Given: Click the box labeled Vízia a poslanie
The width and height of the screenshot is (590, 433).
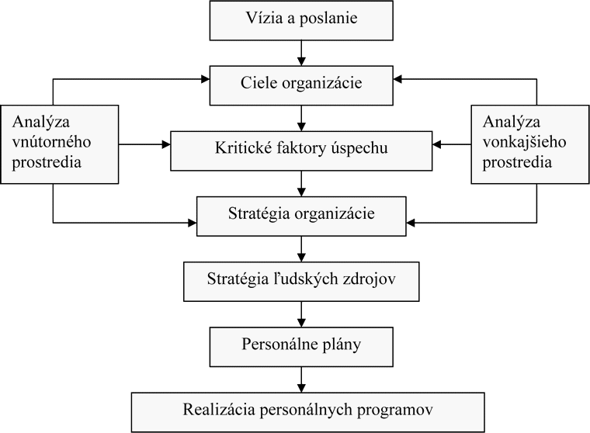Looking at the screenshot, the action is point(301,21).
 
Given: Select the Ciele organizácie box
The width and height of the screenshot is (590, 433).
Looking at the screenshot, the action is point(301,85).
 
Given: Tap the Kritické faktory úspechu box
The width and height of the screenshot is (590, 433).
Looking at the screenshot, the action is point(301,151).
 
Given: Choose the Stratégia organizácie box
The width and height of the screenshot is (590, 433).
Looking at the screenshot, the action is point(301,216).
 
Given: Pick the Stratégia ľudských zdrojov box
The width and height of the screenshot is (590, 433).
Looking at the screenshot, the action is point(301,282).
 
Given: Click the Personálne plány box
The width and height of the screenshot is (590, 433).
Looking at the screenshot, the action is point(301,347).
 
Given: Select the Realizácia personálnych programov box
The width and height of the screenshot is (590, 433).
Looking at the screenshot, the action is point(307,412).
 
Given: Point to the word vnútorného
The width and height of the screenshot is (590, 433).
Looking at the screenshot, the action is point(51,142).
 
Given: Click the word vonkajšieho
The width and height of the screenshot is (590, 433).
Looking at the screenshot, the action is point(524,142).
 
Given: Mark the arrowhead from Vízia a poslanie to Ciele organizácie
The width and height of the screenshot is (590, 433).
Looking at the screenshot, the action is point(301,61).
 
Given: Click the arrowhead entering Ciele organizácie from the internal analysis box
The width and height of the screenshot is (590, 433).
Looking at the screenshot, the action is point(205,79).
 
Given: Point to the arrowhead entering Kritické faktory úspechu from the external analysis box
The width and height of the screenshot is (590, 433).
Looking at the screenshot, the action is point(437,144).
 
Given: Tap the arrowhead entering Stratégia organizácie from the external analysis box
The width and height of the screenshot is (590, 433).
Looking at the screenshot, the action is point(411,223).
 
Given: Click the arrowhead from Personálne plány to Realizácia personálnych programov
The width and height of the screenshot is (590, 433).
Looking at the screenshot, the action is point(301,388).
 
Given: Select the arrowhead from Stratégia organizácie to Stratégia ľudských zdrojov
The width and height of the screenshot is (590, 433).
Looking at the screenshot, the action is point(301,258).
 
